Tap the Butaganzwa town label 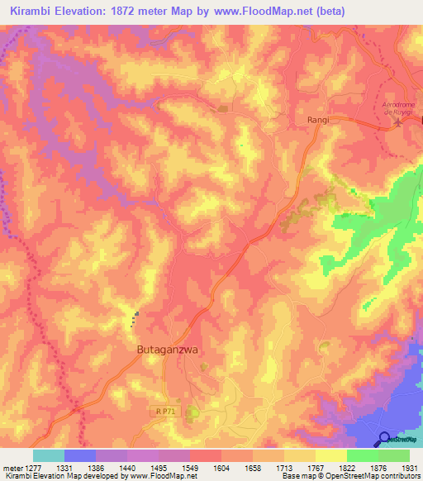(169, 350)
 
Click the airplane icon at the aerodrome (400, 123)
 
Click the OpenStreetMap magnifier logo (386, 440)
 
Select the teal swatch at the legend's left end (49, 455)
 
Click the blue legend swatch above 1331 (80, 455)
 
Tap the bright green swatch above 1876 (362, 455)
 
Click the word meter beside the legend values (12, 468)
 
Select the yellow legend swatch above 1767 (330, 455)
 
